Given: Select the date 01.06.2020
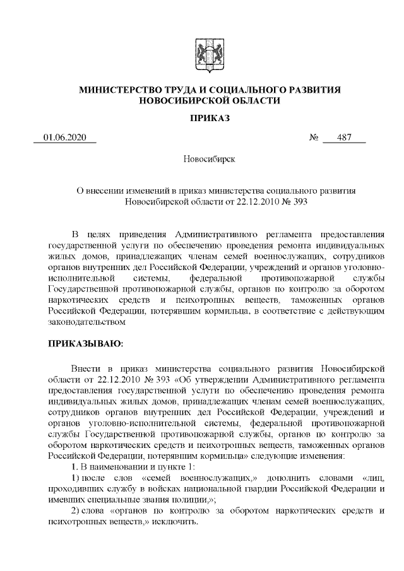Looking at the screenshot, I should pos(64,138).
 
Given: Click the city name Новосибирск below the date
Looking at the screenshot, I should pos(209,158).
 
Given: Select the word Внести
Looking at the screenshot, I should pos(85,367).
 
